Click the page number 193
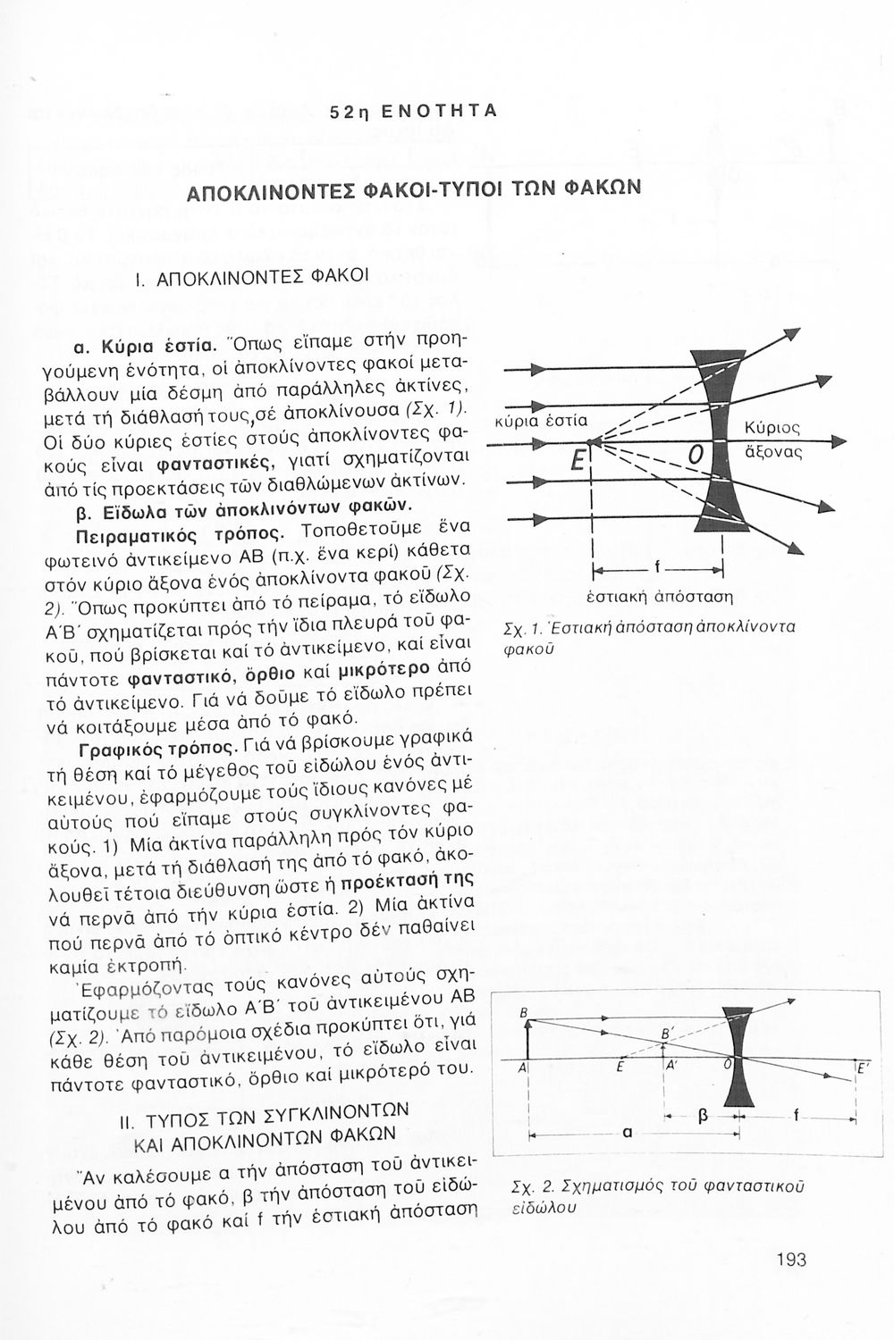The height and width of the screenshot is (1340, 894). click(x=791, y=1260)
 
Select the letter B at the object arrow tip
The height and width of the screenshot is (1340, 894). click(x=526, y=1011)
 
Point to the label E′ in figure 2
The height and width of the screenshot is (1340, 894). click(x=862, y=1069)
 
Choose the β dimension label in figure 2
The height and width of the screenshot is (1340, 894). click(x=702, y=1117)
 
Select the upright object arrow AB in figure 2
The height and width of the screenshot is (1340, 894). click(x=528, y=1042)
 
